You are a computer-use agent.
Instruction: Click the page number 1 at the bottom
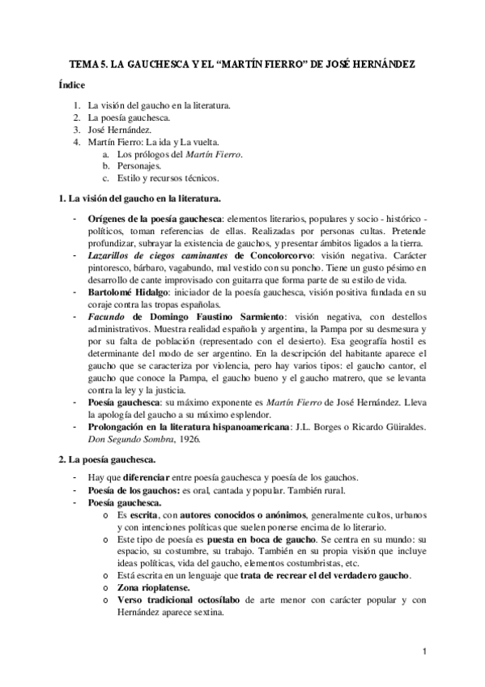tap(424, 651)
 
